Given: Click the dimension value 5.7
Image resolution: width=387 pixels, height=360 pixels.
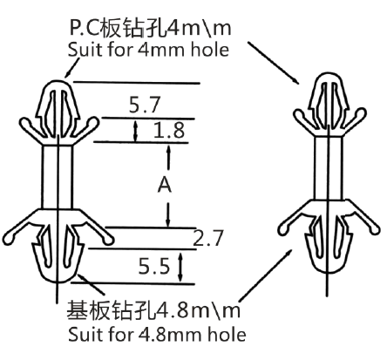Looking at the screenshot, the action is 145,105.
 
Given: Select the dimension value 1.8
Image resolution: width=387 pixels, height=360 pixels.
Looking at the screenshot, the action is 169,130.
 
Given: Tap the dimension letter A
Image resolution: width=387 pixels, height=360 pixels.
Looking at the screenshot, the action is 165,185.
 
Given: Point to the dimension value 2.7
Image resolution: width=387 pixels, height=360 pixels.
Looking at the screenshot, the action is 208,238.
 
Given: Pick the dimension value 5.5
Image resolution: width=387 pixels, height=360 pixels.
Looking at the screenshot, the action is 153,266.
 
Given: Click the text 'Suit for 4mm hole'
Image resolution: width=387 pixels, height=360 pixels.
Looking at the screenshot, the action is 148,50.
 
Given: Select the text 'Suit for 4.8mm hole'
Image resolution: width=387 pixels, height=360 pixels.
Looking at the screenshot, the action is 157,335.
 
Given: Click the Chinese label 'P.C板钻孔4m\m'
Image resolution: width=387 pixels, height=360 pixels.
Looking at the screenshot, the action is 151,28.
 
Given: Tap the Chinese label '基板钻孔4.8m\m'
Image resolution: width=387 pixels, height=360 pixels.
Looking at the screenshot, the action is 153,310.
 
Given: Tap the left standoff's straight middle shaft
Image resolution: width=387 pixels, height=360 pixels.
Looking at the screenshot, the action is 58,177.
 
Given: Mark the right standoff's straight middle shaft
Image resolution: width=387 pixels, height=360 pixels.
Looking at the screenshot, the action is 329,168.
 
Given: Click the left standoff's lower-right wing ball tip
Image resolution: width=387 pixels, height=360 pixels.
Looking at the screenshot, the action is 109,240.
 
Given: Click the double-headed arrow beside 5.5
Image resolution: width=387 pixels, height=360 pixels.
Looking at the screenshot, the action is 181,267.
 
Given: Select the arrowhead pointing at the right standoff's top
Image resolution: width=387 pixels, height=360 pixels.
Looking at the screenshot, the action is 295,80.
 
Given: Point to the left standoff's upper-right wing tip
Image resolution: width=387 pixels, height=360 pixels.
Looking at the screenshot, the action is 95,121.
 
